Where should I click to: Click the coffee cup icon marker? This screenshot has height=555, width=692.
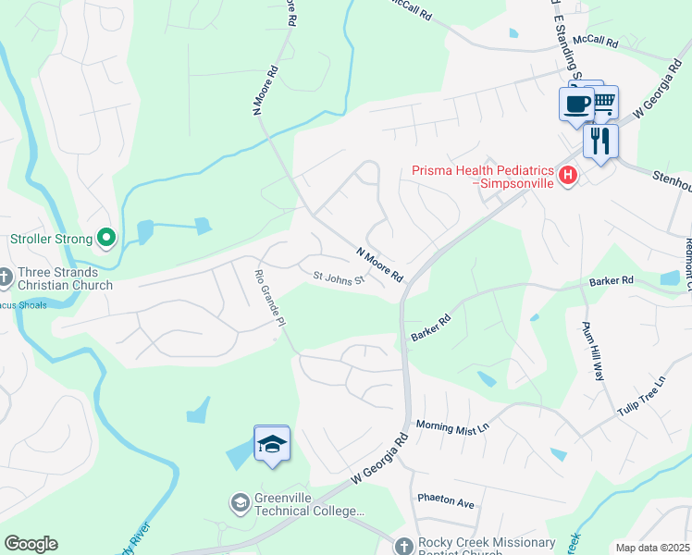(x=575, y=104)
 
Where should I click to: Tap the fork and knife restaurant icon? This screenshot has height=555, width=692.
(x=600, y=141)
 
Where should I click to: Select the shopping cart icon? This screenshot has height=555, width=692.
(x=603, y=101)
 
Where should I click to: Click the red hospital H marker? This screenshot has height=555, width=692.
(x=568, y=174)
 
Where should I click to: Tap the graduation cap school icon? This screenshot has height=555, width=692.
(x=272, y=445)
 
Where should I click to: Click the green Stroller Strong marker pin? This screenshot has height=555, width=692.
(x=106, y=239)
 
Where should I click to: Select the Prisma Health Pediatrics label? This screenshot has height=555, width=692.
(x=483, y=177)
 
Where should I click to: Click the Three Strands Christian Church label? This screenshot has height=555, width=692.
(x=62, y=278)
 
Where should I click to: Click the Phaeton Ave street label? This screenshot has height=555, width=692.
(x=445, y=500)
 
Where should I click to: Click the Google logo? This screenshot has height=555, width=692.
(x=31, y=544)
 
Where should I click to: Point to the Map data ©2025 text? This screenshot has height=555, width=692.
(x=652, y=548)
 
